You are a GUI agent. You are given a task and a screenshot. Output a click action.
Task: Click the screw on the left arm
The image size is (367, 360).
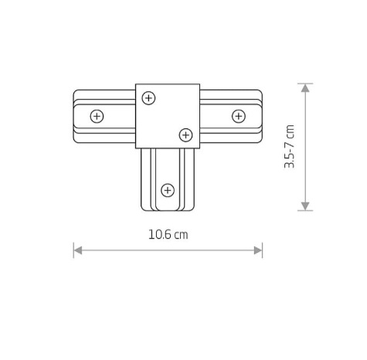click(x=97, y=117)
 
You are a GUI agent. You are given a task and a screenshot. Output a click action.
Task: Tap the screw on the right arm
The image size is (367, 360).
click(x=239, y=116)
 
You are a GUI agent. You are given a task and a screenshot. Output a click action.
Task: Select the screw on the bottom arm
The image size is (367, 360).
click(x=168, y=190)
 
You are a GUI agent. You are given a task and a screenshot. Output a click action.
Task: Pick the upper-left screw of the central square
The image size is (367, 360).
click(x=148, y=98)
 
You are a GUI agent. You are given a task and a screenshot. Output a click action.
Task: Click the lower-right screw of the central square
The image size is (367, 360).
click(x=185, y=135)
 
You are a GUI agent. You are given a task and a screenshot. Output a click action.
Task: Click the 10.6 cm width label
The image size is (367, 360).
click(x=168, y=235)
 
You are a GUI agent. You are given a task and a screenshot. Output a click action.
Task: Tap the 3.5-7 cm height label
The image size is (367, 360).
click(x=289, y=146)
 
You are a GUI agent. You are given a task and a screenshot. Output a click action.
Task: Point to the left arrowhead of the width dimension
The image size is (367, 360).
click(x=78, y=250)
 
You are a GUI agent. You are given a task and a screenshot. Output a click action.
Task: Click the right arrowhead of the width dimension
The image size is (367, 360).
click(x=258, y=250)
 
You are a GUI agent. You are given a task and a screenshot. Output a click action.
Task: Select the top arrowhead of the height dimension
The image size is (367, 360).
click(x=305, y=88)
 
